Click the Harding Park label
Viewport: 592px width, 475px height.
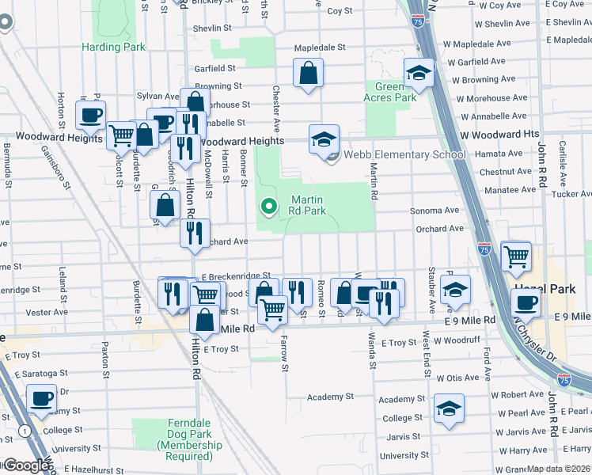click(x=113, y=47)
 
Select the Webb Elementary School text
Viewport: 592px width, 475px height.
click(x=404, y=155)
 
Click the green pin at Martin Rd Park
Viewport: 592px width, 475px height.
click(x=269, y=207)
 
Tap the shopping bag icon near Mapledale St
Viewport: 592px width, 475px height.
click(x=309, y=73)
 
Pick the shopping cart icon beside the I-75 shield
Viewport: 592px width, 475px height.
click(x=516, y=255)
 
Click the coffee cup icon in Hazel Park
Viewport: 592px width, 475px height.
click(x=526, y=302)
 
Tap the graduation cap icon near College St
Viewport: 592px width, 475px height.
click(x=450, y=408)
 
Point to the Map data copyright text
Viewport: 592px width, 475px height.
click(x=558, y=469)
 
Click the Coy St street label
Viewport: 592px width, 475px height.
click(x=340, y=11)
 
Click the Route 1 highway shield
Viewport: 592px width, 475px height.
click(x=26, y=431)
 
